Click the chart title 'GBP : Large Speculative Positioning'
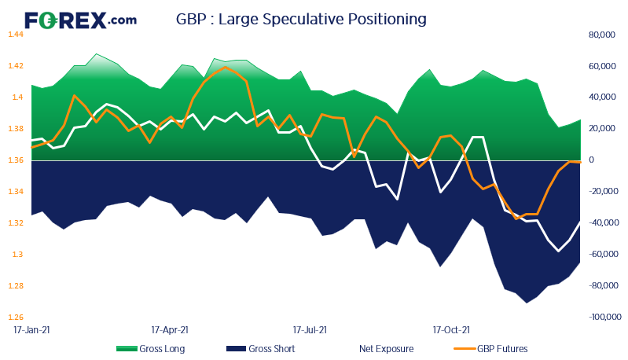click(x=302, y=19)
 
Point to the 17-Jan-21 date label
click(x=32, y=331)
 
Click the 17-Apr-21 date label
click(x=170, y=331)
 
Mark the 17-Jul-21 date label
click(x=310, y=331)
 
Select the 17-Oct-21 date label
click(x=452, y=331)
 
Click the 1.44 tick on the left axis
click(x=17, y=35)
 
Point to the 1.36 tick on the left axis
click(x=17, y=160)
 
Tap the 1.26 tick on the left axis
click(x=17, y=318)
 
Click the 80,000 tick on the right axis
click(x=601, y=35)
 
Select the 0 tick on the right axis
click(x=590, y=160)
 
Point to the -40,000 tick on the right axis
click(x=602, y=223)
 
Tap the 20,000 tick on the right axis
click(x=601, y=129)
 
